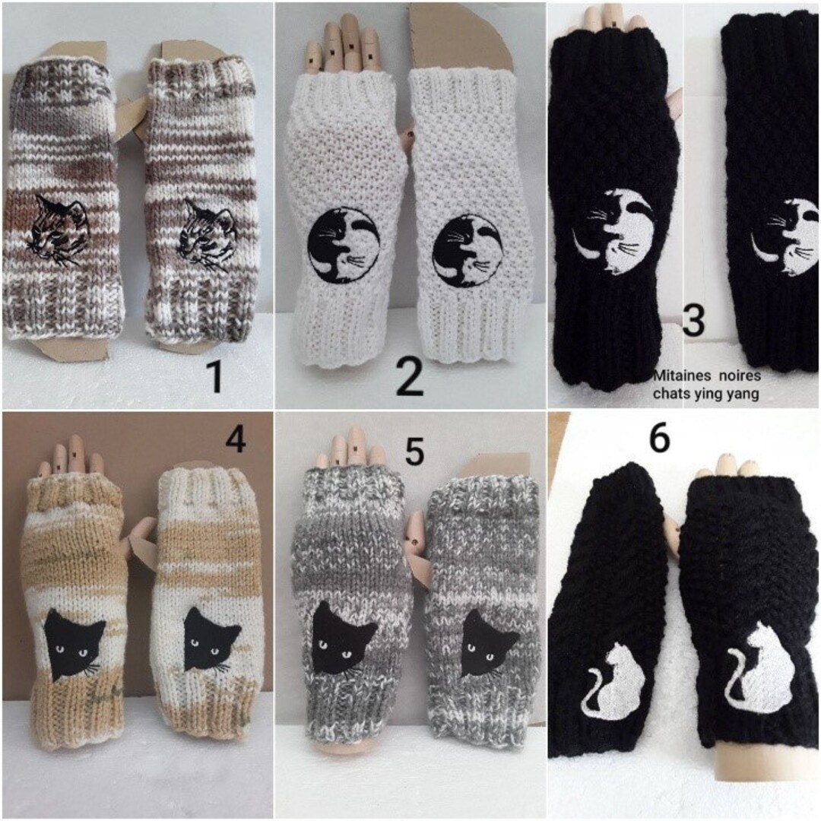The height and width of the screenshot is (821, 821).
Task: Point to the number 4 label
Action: coord(236,439)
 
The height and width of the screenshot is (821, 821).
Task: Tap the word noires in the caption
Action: coord(737,376)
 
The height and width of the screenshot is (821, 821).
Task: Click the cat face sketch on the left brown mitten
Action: coord(59,227)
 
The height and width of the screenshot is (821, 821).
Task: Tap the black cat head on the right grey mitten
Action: coord(489,642)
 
